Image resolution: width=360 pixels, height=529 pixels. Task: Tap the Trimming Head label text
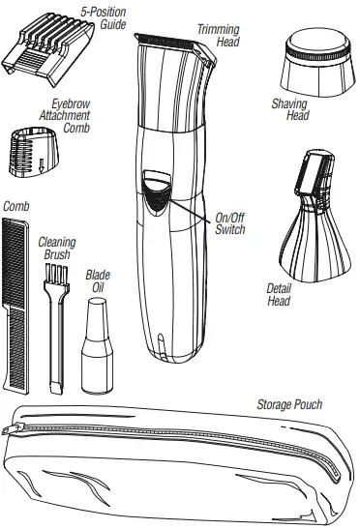coord(218,36)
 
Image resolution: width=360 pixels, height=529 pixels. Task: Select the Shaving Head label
coord(288,110)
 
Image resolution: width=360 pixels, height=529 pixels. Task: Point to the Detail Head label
coord(279,294)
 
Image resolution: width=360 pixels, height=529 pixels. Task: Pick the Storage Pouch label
coord(288,404)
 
